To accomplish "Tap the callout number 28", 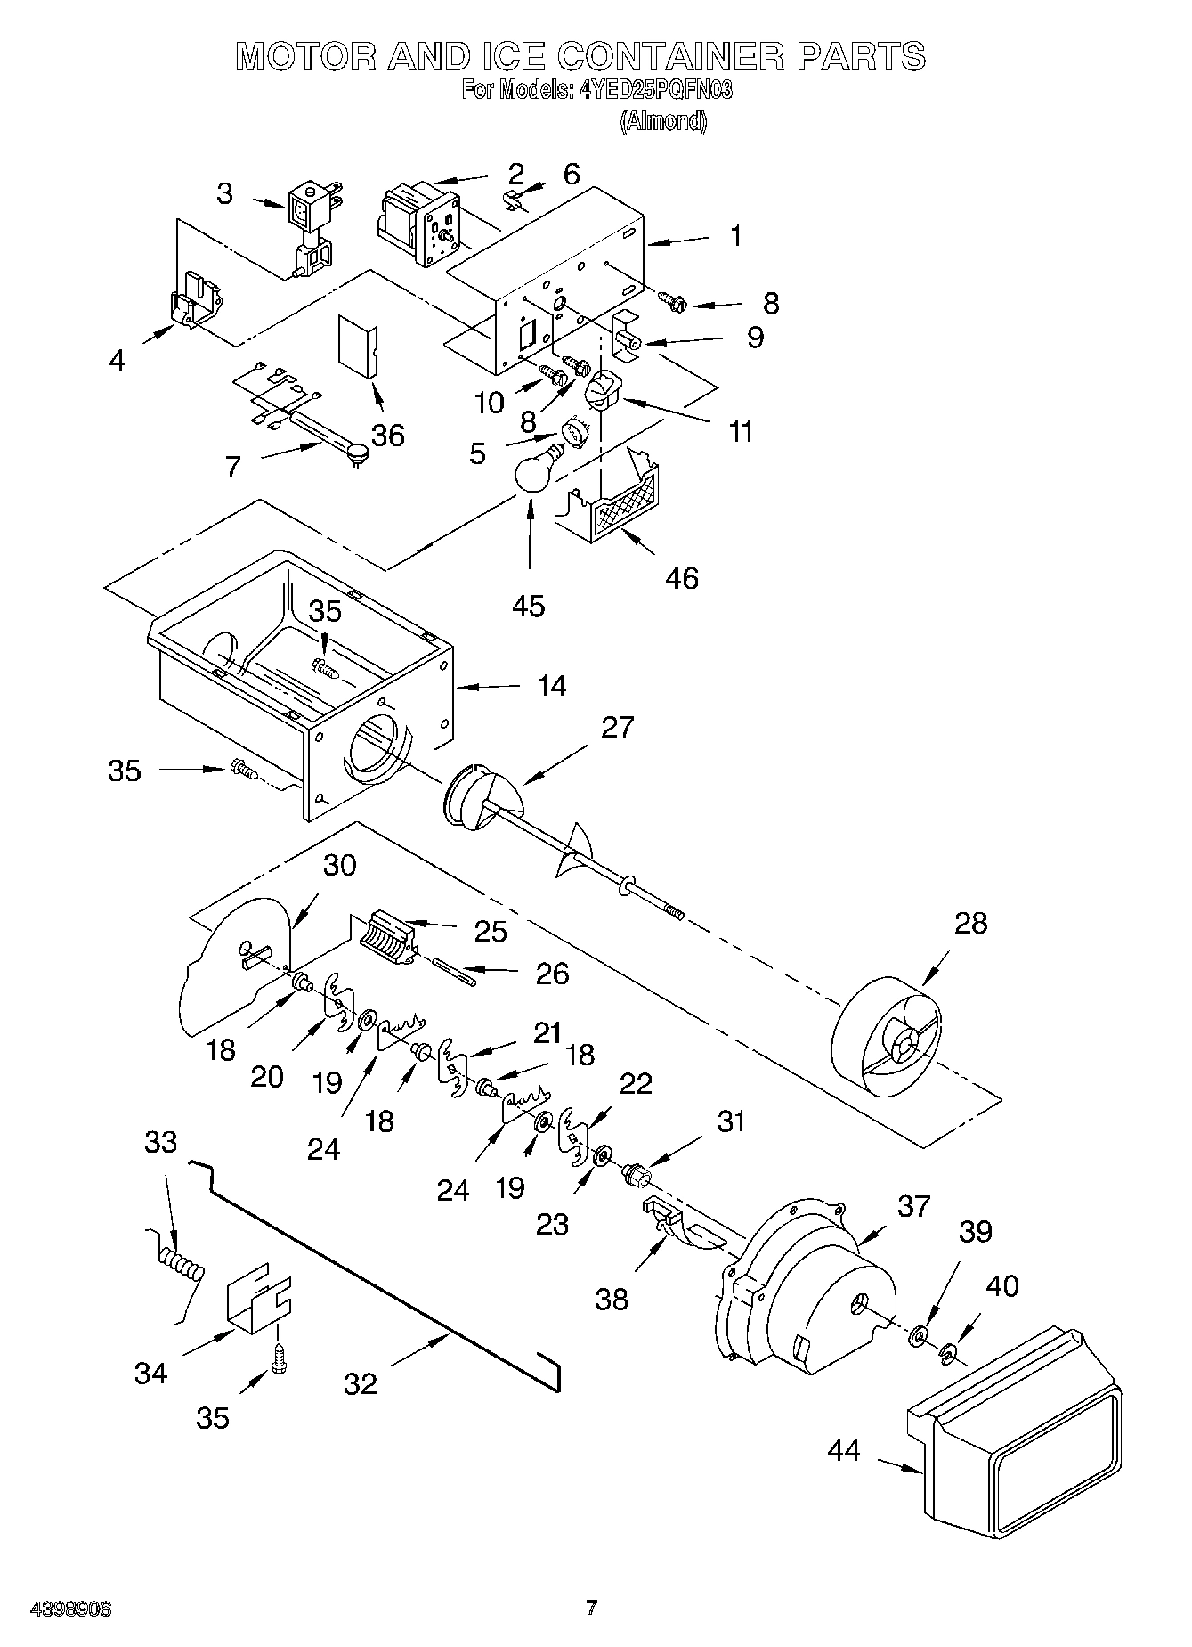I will pos(970,923).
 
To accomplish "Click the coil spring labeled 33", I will pos(182,1265).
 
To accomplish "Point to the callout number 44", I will pos(844,1450).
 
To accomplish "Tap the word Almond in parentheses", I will pos(663,121).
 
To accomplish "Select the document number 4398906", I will pos(71,1608).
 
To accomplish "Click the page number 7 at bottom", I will pos(591,1608).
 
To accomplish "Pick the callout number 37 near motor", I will pos(913,1206).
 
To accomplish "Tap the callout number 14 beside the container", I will pos(551,685).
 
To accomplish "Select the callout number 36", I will pos(387,435).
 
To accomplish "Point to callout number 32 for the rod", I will pos(361,1383).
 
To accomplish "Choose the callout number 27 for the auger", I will pos(617,727).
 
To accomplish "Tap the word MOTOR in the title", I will pos(304,56).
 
